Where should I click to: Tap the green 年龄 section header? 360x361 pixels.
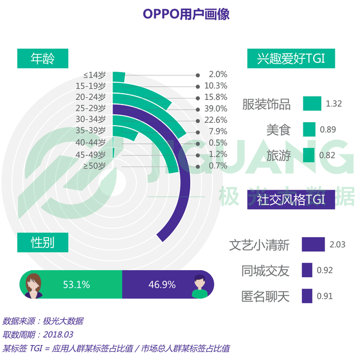tap(42, 58)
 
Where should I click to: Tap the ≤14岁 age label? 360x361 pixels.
tap(94, 75)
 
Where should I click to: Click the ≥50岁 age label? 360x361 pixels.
tap(94, 166)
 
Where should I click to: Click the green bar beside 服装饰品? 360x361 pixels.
tap(312, 103)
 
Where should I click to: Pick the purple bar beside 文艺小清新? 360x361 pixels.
tap(313, 244)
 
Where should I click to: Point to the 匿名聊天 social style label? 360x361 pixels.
tap(266, 296)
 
